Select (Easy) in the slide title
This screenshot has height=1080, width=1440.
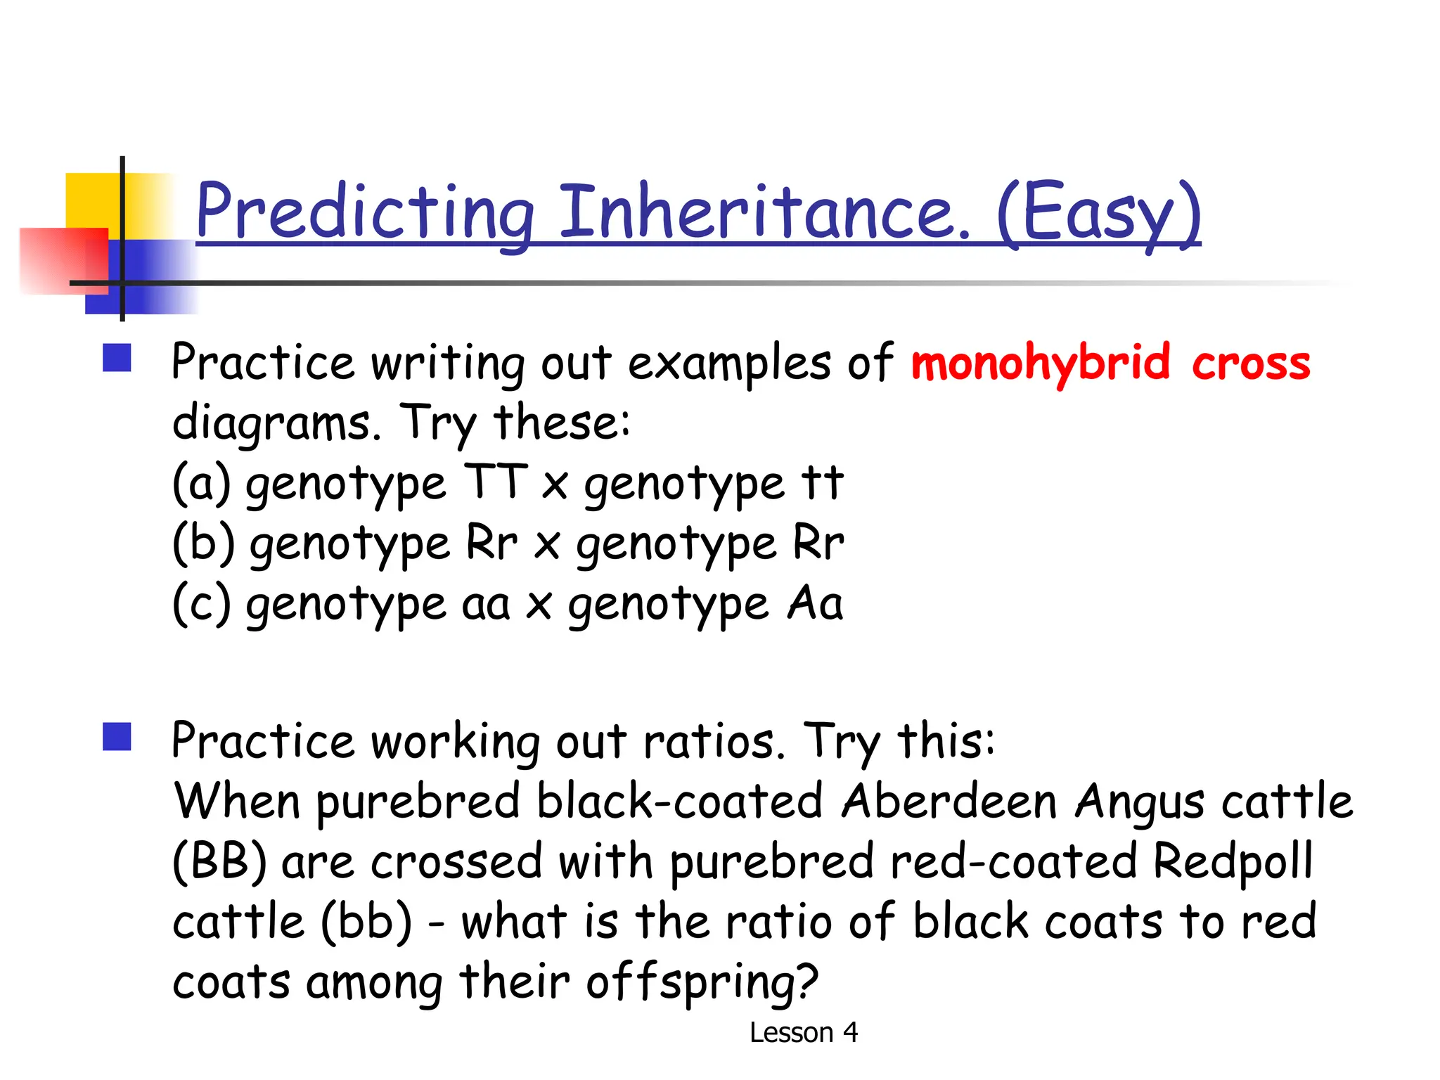pos(1098,212)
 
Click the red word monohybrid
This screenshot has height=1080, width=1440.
pos(1040,364)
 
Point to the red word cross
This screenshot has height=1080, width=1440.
pos(1251,364)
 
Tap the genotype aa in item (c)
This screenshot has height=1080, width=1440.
pos(485,605)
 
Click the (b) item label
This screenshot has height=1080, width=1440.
pos(203,544)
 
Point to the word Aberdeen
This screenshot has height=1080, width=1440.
pos(949,802)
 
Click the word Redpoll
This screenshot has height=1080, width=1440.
pos(1233,862)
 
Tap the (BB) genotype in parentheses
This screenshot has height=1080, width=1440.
pos(219,862)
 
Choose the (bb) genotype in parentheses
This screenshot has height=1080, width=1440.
pos(366,922)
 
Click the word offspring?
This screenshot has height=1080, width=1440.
pos(702,982)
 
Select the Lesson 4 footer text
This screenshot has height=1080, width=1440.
pos(803,1033)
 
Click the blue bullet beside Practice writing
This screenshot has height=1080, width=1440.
pos(117,357)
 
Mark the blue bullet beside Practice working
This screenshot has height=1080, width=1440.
pos(117,737)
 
